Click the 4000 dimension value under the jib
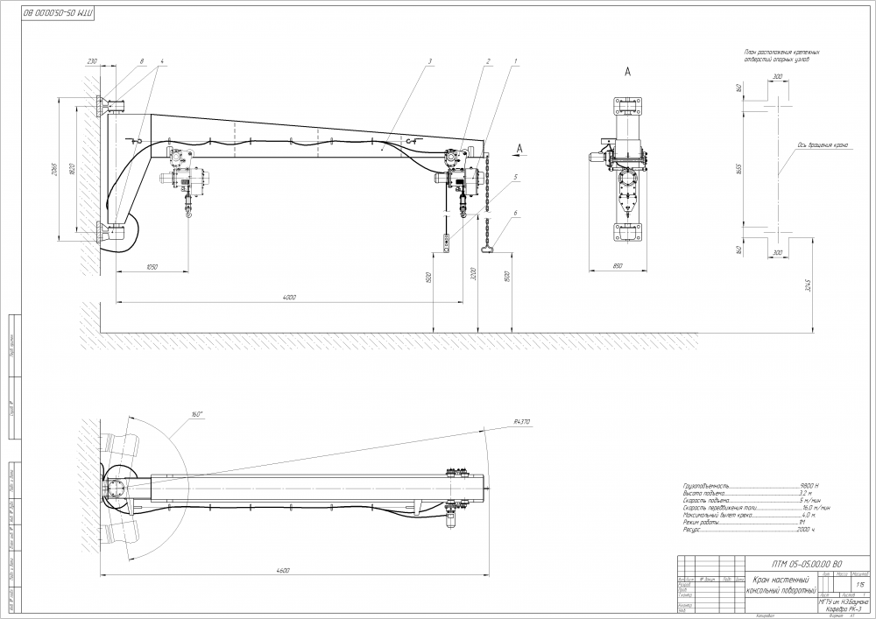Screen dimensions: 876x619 tap(289, 298)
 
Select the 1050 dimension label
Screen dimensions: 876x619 tap(151, 267)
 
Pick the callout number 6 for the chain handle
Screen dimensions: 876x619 tap(517, 213)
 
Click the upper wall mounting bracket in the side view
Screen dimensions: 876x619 tap(112, 106)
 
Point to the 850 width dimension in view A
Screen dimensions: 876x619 tap(619, 265)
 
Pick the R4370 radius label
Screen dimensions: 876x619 tap(521, 422)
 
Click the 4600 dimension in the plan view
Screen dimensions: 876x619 tap(282, 570)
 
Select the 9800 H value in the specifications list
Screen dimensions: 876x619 tap(808, 484)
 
